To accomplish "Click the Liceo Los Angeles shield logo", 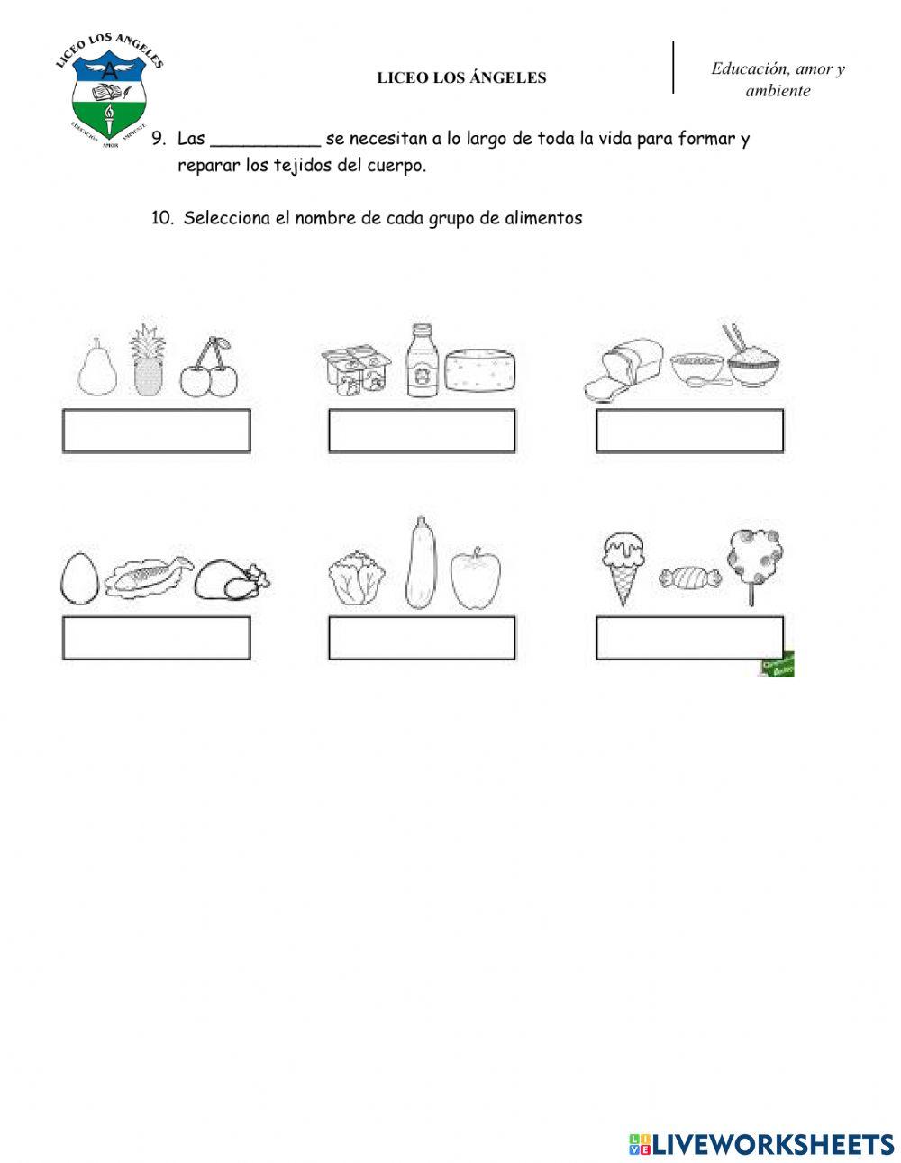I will [109, 95].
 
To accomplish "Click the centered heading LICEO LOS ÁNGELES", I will [461, 78].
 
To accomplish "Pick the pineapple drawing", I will [145, 360].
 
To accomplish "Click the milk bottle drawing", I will [420, 361].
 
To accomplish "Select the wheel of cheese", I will [482, 370].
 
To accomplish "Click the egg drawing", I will [79, 576].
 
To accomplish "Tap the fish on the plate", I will [149, 577].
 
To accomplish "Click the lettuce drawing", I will [358, 579].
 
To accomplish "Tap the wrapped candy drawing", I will [690, 577].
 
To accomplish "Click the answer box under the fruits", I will [156, 431].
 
